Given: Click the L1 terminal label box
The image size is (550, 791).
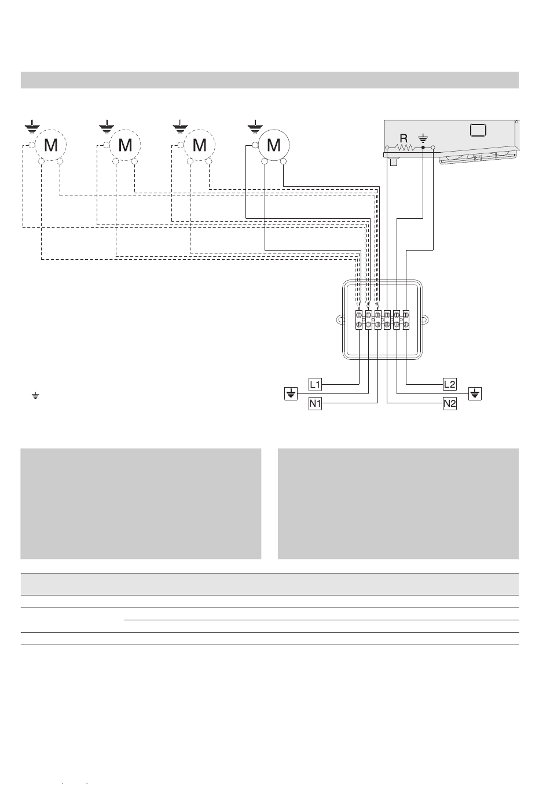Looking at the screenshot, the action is click(315, 384).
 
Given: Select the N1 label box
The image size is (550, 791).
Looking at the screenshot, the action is click(315, 403).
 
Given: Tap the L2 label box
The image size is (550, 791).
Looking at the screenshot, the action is click(450, 384).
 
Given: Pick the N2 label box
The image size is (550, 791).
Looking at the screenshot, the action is click(450, 403).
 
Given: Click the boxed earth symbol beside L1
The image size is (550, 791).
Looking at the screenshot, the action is click(291, 393).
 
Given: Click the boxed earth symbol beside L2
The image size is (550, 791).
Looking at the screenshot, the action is click(475, 393).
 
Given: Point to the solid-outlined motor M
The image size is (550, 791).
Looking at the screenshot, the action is click(274, 145).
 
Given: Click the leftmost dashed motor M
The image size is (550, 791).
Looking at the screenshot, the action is click(50, 145).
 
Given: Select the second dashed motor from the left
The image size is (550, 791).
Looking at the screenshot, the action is click(125, 145).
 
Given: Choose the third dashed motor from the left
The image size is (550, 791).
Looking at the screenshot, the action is click(200, 145).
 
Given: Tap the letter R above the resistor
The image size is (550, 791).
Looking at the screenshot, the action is click(404, 138).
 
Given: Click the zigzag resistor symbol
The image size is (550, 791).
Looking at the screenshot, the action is click(405, 147).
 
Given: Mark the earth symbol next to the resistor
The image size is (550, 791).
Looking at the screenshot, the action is click(423, 138).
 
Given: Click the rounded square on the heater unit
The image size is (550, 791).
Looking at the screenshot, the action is click(478, 130).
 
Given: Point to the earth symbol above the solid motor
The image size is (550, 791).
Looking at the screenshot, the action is click(255, 127).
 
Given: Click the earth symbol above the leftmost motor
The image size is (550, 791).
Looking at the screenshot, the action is click(32, 127).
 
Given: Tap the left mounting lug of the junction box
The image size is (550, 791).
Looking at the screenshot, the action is click(340, 320).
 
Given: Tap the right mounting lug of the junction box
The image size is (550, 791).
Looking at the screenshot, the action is click(425, 320).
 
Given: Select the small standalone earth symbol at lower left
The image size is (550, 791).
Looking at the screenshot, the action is click(35, 396).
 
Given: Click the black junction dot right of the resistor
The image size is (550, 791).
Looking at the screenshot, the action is click(423, 147).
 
